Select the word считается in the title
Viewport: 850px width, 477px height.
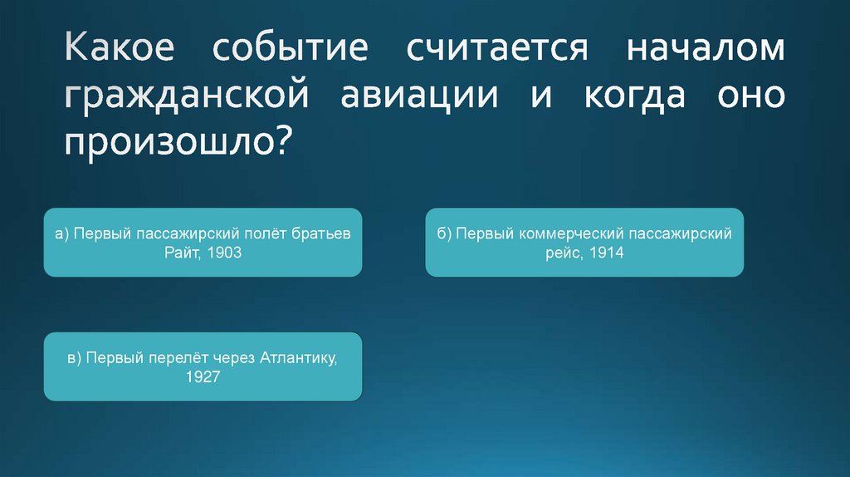497,48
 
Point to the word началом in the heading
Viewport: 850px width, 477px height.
705,48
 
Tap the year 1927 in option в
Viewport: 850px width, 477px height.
203,377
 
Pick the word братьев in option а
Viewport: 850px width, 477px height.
321,234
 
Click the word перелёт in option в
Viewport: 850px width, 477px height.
172,358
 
